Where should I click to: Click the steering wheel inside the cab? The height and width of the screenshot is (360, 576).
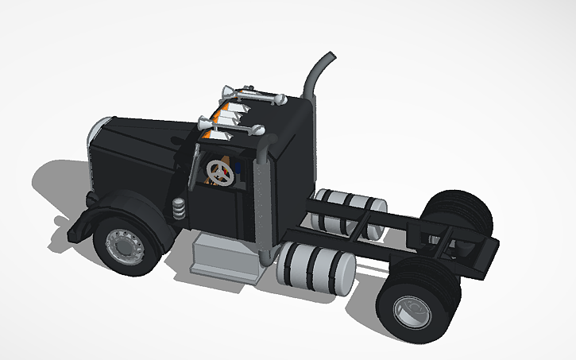pyautogui.click(x=216, y=170)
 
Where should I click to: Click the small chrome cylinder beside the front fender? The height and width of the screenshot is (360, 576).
pyautogui.click(x=179, y=210)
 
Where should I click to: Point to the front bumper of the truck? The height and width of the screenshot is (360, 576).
pyautogui.click(x=75, y=226)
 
